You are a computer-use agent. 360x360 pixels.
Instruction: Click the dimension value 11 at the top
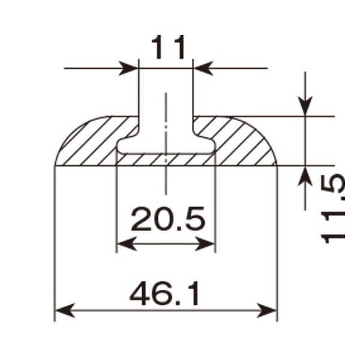pyautogui.click(x=168, y=47)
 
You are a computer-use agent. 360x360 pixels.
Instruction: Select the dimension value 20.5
pyautogui.click(x=168, y=218)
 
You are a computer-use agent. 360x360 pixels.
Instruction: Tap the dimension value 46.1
pyautogui.click(x=164, y=293)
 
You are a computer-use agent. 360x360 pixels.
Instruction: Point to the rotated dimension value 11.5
pyautogui.click(x=333, y=209)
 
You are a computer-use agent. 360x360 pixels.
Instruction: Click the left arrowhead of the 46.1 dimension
pyautogui.click(x=65, y=310)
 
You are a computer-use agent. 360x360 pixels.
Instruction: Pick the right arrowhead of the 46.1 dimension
pyautogui.click(x=266, y=310)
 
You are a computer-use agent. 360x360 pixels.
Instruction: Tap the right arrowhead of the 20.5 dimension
pyautogui.click(x=205, y=244)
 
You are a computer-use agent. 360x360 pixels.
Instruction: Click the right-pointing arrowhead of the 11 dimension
pyautogui.click(x=128, y=68)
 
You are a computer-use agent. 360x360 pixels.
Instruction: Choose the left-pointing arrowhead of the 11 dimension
pyautogui.click(x=203, y=68)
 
